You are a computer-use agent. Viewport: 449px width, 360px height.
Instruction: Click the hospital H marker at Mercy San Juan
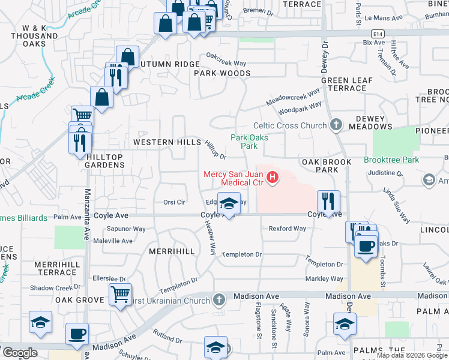coord(273,178)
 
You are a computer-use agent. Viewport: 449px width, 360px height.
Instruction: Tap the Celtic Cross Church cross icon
coord(336,125)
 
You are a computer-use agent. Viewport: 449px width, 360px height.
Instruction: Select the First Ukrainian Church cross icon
coord(220,299)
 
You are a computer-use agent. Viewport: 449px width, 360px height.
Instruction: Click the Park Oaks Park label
coord(249,142)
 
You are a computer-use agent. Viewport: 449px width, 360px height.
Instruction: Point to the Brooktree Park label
coord(391,160)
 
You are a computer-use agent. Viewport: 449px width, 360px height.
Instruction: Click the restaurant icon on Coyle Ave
coord(328,200)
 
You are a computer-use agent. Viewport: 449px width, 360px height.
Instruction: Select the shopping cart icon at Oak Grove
coord(121,293)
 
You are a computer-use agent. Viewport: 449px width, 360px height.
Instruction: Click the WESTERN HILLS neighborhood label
coord(167,142)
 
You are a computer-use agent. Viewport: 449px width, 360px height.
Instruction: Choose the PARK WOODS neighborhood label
coord(222,73)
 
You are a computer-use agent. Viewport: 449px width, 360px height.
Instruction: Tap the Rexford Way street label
coord(288,229)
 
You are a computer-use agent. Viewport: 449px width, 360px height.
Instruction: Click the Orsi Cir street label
coord(175,202)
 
